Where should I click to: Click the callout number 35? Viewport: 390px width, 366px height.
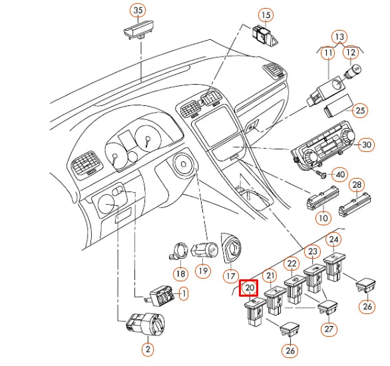tap(138, 11)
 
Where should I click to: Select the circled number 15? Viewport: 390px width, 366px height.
tap(266, 15)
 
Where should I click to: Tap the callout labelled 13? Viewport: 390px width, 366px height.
tap(339, 37)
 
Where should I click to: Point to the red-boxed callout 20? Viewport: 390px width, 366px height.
tap(249, 288)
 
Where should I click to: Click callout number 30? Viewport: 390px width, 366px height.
tap(366, 145)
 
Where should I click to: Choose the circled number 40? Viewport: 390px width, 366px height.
tap(340, 175)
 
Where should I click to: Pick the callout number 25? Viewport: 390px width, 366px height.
tap(360, 111)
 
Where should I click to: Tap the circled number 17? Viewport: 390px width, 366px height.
tap(231, 276)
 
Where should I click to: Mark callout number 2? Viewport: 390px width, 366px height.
tap(148, 349)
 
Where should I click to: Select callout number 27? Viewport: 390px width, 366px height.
tap(329, 329)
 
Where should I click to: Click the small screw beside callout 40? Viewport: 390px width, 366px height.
tap(321, 174)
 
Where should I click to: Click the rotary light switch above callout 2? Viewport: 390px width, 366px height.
tap(146, 325)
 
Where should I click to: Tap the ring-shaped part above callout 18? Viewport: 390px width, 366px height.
tap(180, 251)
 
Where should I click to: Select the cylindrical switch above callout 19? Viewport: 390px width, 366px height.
tap(204, 250)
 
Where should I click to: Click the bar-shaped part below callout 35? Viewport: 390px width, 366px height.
tap(138, 31)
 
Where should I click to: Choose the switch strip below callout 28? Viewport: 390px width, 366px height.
tap(355, 205)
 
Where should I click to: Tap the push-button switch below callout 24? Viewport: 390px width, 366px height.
tap(334, 267)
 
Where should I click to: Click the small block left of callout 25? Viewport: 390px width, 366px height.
tap(338, 105)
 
